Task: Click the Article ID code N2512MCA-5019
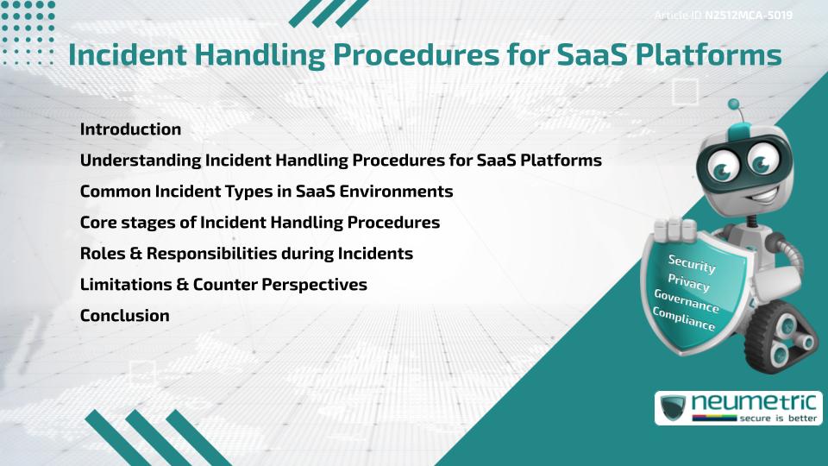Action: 749,16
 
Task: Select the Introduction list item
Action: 130,129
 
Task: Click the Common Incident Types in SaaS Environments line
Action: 266,192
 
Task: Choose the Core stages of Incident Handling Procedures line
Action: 260,223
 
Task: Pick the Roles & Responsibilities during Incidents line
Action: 246,254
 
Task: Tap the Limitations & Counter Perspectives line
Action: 223,285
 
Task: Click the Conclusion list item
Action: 124,316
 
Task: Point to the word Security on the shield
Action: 692,264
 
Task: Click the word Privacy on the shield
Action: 688,282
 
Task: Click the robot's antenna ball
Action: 734,105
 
